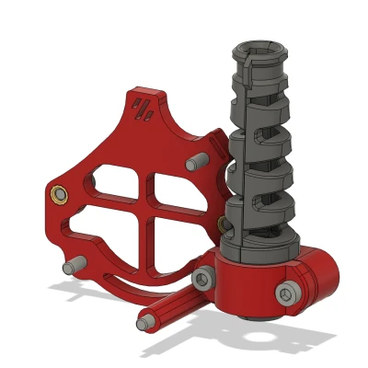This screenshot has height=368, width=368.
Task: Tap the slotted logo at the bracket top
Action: point(144,108)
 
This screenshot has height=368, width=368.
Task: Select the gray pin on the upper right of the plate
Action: point(194,163)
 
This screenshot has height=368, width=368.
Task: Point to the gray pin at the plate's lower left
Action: point(69,267)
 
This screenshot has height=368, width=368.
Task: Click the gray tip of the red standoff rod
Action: point(144,324)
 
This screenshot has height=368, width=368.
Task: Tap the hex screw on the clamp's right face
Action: point(287,292)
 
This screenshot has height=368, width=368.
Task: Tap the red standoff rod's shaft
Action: point(170,307)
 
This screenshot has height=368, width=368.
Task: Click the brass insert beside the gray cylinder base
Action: point(223,224)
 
